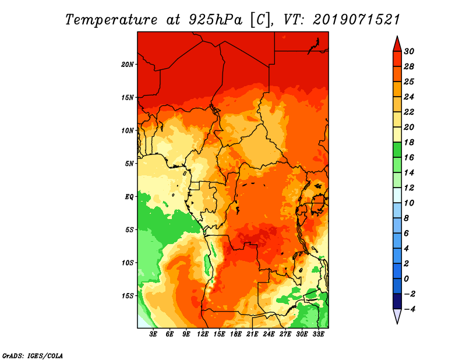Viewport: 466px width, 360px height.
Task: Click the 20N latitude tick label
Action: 128,64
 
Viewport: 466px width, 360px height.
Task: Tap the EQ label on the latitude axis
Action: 129,197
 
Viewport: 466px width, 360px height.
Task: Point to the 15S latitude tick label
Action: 128,296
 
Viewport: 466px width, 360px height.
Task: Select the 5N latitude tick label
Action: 129,164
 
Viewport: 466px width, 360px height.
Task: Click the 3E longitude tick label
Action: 153,334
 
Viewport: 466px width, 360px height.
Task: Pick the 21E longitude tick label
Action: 252,334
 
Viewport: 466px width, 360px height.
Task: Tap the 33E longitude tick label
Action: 318,334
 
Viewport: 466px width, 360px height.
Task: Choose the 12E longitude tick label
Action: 203,334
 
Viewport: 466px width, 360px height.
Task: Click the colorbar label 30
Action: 409,51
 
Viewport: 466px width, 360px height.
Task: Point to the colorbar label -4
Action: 409,309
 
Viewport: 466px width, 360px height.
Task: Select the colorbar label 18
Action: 409,142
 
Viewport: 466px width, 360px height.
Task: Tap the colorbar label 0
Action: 407,279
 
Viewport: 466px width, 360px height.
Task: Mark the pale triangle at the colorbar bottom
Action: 397,315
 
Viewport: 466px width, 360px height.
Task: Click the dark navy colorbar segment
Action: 397,301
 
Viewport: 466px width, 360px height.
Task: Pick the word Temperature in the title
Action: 111,20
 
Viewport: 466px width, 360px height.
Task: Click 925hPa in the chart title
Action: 216,20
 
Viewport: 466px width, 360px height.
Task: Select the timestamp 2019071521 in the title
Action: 356,20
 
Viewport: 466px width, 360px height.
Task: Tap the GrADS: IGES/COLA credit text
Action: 33,355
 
